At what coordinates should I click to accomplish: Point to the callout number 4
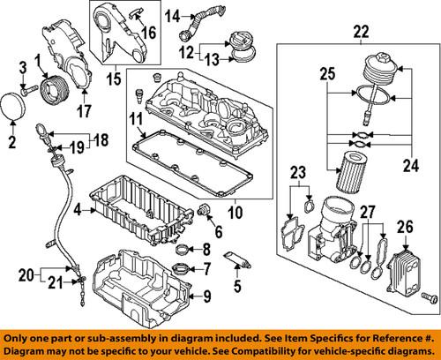pos(78,210)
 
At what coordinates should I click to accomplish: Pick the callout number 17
pos(86,111)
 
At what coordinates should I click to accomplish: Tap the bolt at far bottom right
pos(430,295)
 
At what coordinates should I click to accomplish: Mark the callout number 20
pos(25,272)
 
